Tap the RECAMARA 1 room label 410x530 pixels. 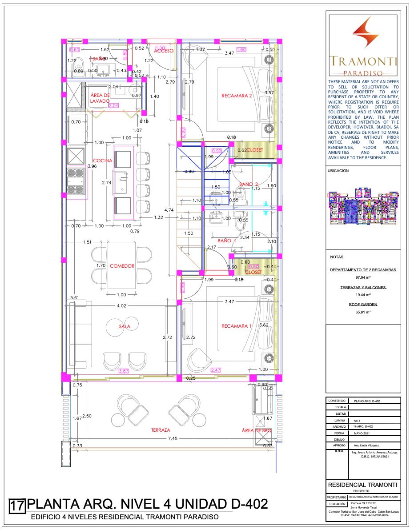point(237,326)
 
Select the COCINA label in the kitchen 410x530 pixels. point(102,161)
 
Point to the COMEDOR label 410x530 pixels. point(122,266)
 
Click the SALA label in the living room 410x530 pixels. point(124,326)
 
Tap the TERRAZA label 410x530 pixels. point(161,430)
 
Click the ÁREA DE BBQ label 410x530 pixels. point(257,430)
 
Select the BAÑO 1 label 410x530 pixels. point(227,241)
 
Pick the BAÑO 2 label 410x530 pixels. point(249,184)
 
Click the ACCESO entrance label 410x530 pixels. point(164,51)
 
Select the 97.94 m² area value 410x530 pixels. point(363,277)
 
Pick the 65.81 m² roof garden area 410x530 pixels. point(363,312)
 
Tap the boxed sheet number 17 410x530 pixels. point(17,506)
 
